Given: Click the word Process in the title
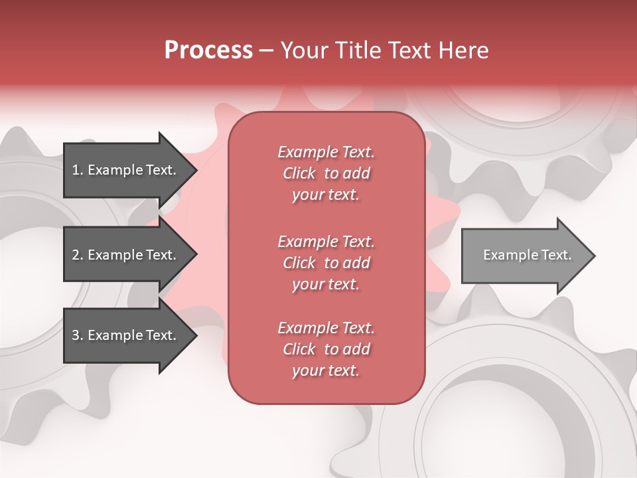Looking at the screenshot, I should coord(208,50).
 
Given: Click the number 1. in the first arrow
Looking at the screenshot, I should coord(77,170).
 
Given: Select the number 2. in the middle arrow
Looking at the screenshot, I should coord(77,255).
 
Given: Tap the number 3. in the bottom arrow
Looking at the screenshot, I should coord(77,335).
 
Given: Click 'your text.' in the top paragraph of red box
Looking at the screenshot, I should coord(326,195).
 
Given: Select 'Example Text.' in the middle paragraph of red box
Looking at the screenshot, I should coord(326,241).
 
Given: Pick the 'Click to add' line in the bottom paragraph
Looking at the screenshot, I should coord(326,349).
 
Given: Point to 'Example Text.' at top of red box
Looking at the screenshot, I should coord(326,152).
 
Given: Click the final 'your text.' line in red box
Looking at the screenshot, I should coord(326,371).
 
